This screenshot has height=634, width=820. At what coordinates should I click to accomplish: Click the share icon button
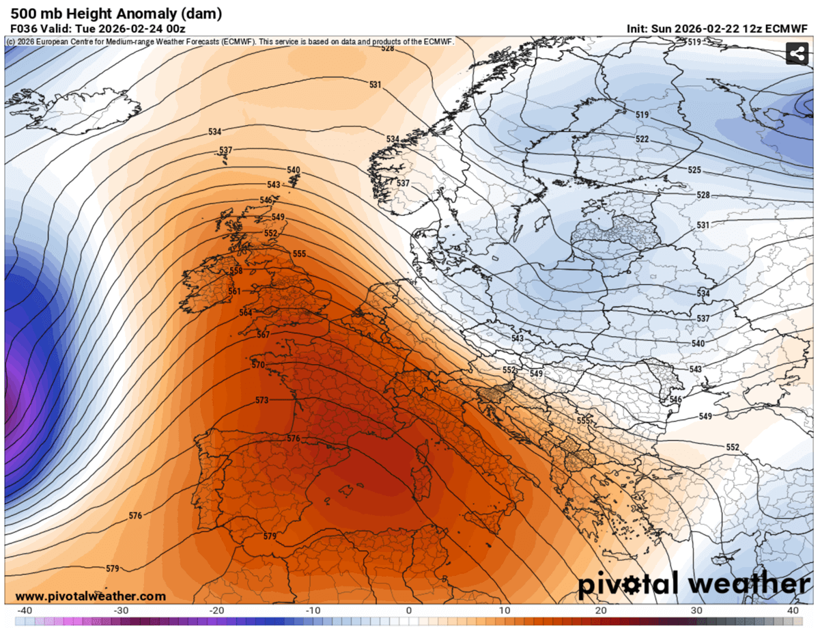coord(797,53)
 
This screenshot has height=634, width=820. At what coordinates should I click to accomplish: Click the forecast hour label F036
coord(23,29)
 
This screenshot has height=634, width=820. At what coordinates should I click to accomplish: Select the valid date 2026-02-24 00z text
coord(141,29)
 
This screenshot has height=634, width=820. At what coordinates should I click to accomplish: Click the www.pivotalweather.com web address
coord(90,596)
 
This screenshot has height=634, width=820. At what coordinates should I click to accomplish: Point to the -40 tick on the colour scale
coord(24,610)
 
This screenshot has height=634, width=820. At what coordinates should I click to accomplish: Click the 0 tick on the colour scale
coord(409,610)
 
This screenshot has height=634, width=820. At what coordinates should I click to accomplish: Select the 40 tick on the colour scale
coord(793,610)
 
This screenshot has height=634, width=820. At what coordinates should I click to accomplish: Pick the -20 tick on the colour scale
coord(216,610)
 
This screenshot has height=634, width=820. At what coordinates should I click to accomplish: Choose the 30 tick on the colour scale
coord(696,610)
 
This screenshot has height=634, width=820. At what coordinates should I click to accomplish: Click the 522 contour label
coord(642,139)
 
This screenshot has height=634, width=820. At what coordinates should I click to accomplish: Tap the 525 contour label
coord(694,170)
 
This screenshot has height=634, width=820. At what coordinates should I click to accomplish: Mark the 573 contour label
coord(262,400)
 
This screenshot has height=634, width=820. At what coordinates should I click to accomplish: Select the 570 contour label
coord(258,366)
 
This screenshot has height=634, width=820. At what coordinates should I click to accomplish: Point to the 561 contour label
coord(234,292)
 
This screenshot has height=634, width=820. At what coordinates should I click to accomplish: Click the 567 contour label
coord(264,335)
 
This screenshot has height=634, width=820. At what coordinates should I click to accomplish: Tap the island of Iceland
coord(75,109)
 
